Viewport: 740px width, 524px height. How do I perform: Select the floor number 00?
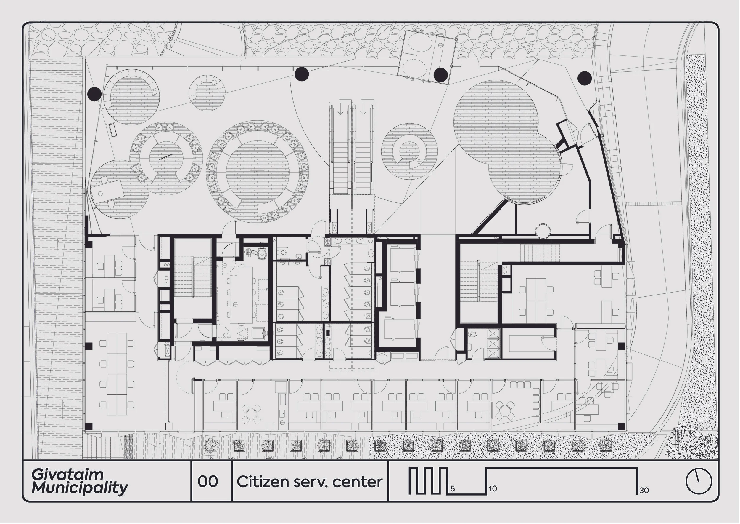pyautogui.click(x=208, y=482)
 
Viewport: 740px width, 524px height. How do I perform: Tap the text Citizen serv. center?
pyautogui.click(x=309, y=482)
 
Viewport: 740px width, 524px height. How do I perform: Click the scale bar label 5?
pyautogui.click(x=453, y=489)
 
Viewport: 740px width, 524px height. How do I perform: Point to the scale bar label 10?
pyautogui.click(x=493, y=489)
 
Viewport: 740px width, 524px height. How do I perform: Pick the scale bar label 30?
pyautogui.click(x=644, y=491)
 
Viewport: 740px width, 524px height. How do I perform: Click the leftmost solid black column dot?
pyautogui.click(x=94, y=94)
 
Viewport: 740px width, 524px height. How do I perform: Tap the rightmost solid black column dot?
pyautogui.click(x=584, y=78)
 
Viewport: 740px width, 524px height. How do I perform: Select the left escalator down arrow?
pyautogui.click(x=341, y=111)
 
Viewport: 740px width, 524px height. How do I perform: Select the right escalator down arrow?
pyautogui.click(x=363, y=111)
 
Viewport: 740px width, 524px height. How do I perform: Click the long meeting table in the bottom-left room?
pyautogui.click(x=117, y=374)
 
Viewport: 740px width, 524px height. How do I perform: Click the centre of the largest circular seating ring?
pyautogui.click(x=258, y=171)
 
